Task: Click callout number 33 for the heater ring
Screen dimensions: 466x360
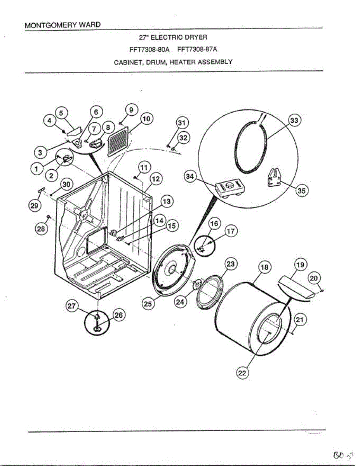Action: click(294, 121)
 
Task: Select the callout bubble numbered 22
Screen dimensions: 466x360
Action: click(242, 373)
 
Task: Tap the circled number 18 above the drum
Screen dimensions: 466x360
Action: click(264, 268)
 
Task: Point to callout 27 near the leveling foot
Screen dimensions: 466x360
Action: click(71, 306)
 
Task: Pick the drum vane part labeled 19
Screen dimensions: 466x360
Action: click(294, 288)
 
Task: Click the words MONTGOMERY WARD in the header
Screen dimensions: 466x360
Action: click(62, 25)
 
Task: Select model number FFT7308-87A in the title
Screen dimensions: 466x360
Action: click(197, 50)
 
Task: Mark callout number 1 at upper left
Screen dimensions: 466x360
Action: click(36, 169)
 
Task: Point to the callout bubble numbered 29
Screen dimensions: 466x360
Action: click(34, 206)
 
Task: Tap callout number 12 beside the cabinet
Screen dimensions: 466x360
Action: click(156, 179)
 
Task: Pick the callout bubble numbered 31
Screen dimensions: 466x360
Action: click(181, 123)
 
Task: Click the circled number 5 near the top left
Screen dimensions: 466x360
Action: click(61, 113)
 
